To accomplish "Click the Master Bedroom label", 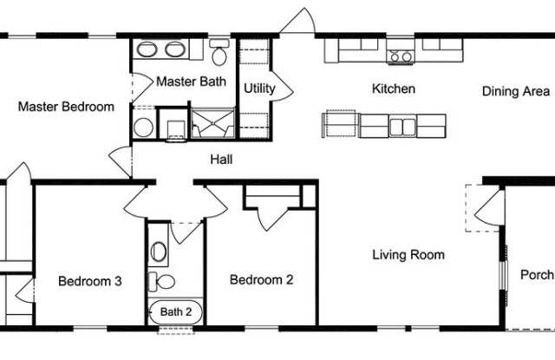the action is pyautogui.click(x=66, y=107).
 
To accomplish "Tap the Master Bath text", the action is pyautogui.click(x=191, y=82).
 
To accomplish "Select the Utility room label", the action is pyautogui.click(x=259, y=88).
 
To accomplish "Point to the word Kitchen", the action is pyautogui.click(x=394, y=88).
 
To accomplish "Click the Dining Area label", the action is pyautogui.click(x=516, y=91).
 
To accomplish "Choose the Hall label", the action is pyautogui.click(x=222, y=160).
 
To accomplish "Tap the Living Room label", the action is pyautogui.click(x=408, y=255).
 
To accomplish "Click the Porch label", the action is pyautogui.click(x=537, y=274).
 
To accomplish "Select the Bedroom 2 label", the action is pyautogui.click(x=262, y=279).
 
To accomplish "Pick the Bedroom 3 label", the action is pyautogui.click(x=90, y=281).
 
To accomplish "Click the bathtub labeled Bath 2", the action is pyautogui.click(x=175, y=312).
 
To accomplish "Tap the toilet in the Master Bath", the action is pyautogui.click(x=219, y=52).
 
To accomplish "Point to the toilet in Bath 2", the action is pyautogui.click(x=161, y=282).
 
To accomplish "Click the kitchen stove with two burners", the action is pyautogui.click(x=401, y=56).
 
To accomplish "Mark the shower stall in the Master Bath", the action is pyautogui.click(x=212, y=123).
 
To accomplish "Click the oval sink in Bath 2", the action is pyautogui.click(x=158, y=252).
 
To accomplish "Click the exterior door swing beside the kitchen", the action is pyautogui.click(x=298, y=22).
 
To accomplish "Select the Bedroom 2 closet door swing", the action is pyautogui.click(x=271, y=218).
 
